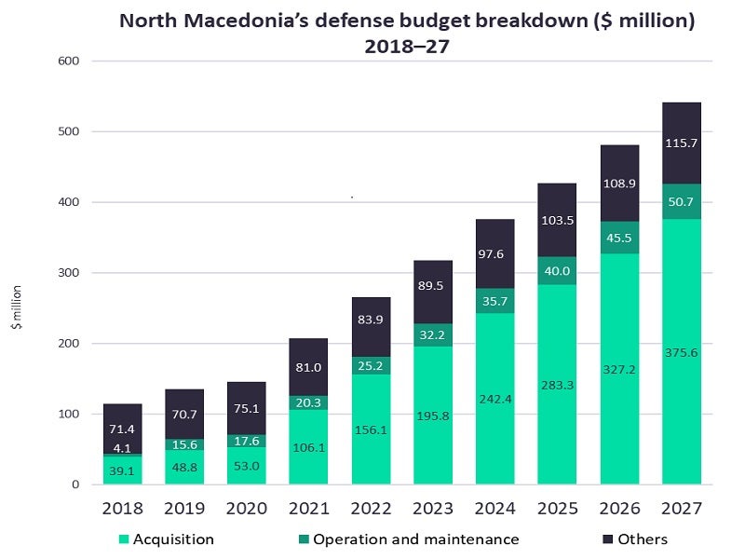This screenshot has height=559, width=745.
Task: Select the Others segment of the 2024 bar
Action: click(494, 240)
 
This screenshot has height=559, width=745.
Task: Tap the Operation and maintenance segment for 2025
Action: click(556, 270)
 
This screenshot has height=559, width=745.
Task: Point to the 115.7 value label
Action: click(681, 143)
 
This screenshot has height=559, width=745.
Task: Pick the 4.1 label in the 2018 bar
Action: click(123, 447)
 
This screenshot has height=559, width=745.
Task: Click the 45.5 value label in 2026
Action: click(618, 237)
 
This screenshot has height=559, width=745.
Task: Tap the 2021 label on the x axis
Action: click(308, 509)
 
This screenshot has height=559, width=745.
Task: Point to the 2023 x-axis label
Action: click(432, 509)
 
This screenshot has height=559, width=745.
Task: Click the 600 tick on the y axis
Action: click(71, 61)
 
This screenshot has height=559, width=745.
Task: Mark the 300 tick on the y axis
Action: click(71, 273)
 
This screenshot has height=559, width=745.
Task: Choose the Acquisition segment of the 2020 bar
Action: click(247, 466)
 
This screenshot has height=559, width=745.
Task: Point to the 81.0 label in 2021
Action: click(308, 367)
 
